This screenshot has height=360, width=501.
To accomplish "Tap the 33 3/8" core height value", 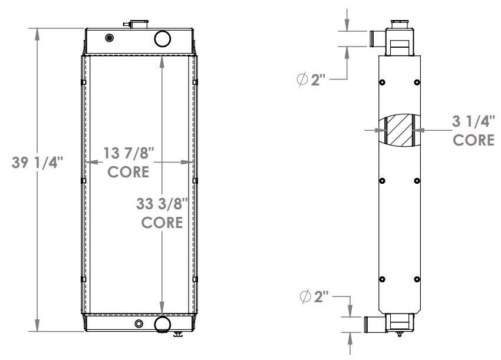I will coord(161,204).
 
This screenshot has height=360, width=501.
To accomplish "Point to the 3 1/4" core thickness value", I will coord(473,121).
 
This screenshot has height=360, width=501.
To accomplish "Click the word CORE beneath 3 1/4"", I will coord(473,140).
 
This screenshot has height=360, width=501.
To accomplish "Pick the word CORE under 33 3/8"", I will coord(161,223).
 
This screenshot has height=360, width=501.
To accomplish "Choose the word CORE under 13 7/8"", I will coord(128,172).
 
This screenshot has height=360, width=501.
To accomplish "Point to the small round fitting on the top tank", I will coord(108,39).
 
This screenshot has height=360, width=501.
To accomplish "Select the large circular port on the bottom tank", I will coord(162,324).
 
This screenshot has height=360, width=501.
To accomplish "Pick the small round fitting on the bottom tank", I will coord(139,324).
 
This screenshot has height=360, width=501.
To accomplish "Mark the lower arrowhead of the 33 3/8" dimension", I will coord(161,307).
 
